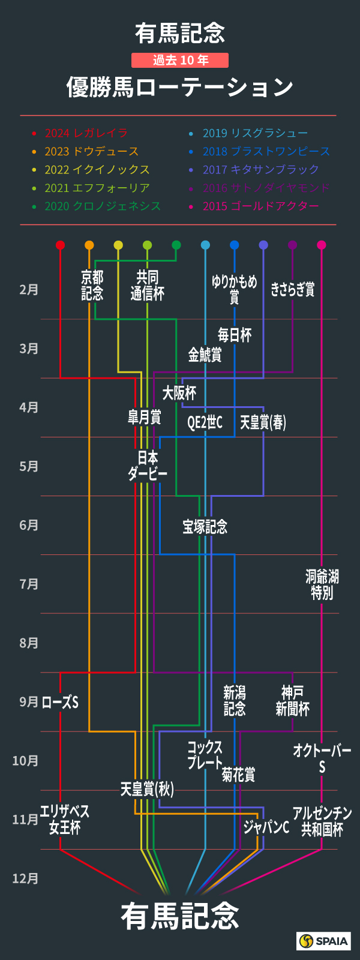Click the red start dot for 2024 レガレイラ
[x=60, y=245]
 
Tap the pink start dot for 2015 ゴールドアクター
[x=321, y=245]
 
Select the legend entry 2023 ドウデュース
[x=91, y=151]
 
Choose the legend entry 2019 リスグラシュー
[x=255, y=133]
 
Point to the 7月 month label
[x=29, y=584]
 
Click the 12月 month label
[x=26, y=878]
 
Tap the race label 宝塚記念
[x=205, y=527]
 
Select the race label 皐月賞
[x=144, y=417]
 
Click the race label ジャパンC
[x=266, y=827]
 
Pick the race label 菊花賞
[x=238, y=775]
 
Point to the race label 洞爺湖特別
[x=322, y=585]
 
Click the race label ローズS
[x=60, y=702]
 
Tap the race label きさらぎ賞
[x=292, y=289]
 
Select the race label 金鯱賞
[x=205, y=355]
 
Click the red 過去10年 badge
[x=180, y=60]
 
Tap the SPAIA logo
[x=324, y=941]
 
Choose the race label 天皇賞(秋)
[x=147, y=788]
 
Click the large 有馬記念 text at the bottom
[x=180, y=916]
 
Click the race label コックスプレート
[x=205, y=755]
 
